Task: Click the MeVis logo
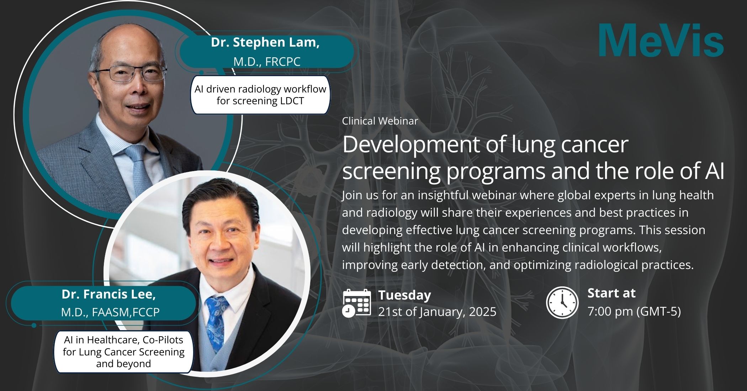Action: (661, 40)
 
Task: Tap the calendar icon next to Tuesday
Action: (356, 303)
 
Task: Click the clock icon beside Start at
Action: (562, 302)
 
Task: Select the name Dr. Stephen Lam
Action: (265, 42)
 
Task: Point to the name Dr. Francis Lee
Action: (108, 294)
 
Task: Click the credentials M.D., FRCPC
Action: (267, 62)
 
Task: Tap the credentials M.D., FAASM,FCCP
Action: (110, 312)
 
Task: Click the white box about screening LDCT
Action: (260, 95)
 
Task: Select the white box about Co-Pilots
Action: (123, 352)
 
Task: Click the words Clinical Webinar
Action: (380, 121)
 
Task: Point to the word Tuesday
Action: (404, 295)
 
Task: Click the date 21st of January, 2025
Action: (437, 312)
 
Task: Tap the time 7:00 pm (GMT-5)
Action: (634, 311)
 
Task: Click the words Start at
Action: (611, 293)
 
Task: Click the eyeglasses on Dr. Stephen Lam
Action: (131, 73)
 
